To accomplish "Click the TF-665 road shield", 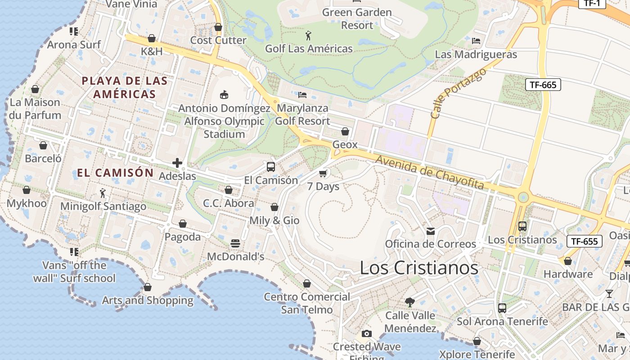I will pyautogui.click(x=543, y=84).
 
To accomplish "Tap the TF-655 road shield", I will pyautogui.click(x=584, y=241).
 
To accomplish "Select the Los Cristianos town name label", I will pyautogui.click(x=419, y=268).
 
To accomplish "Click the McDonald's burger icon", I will pyautogui.click(x=235, y=243).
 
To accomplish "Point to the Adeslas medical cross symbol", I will pyautogui.click(x=177, y=162).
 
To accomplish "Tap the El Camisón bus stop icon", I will pyautogui.click(x=271, y=167).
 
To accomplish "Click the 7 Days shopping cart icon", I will pyautogui.click(x=323, y=173).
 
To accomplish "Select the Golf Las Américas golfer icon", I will pyautogui.click(x=308, y=36).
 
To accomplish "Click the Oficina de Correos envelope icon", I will pyautogui.click(x=431, y=231).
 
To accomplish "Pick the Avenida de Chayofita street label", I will pyautogui.click(x=429, y=172).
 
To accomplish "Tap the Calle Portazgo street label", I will pyautogui.click(x=458, y=93).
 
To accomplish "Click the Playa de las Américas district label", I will pyautogui.click(x=124, y=87).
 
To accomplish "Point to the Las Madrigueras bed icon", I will pyautogui.click(x=476, y=41).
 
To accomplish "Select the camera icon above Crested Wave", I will pyautogui.click(x=367, y=333).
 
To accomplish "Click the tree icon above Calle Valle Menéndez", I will pyautogui.click(x=409, y=302).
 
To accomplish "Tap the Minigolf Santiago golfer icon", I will pyautogui.click(x=103, y=193).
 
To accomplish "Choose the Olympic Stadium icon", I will pyautogui.click(x=224, y=94).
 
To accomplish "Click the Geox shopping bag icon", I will pyautogui.click(x=345, y=131).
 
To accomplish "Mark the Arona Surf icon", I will pyautogui.click(x=74, y=31).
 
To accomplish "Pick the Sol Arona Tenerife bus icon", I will pyautogui.click(x=502, y=308).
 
